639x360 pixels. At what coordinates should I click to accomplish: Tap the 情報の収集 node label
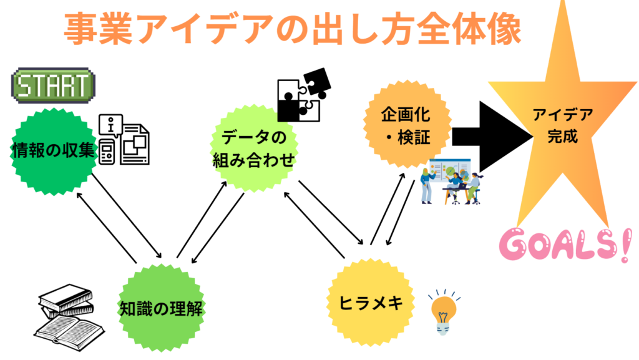point(52,150)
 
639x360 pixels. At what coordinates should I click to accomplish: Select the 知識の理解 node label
point(161,308)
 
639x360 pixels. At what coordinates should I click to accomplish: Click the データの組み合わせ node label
point(252,148)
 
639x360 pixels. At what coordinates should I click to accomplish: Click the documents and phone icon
point(125,140)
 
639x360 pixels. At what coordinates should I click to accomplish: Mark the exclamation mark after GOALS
point(623,245)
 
